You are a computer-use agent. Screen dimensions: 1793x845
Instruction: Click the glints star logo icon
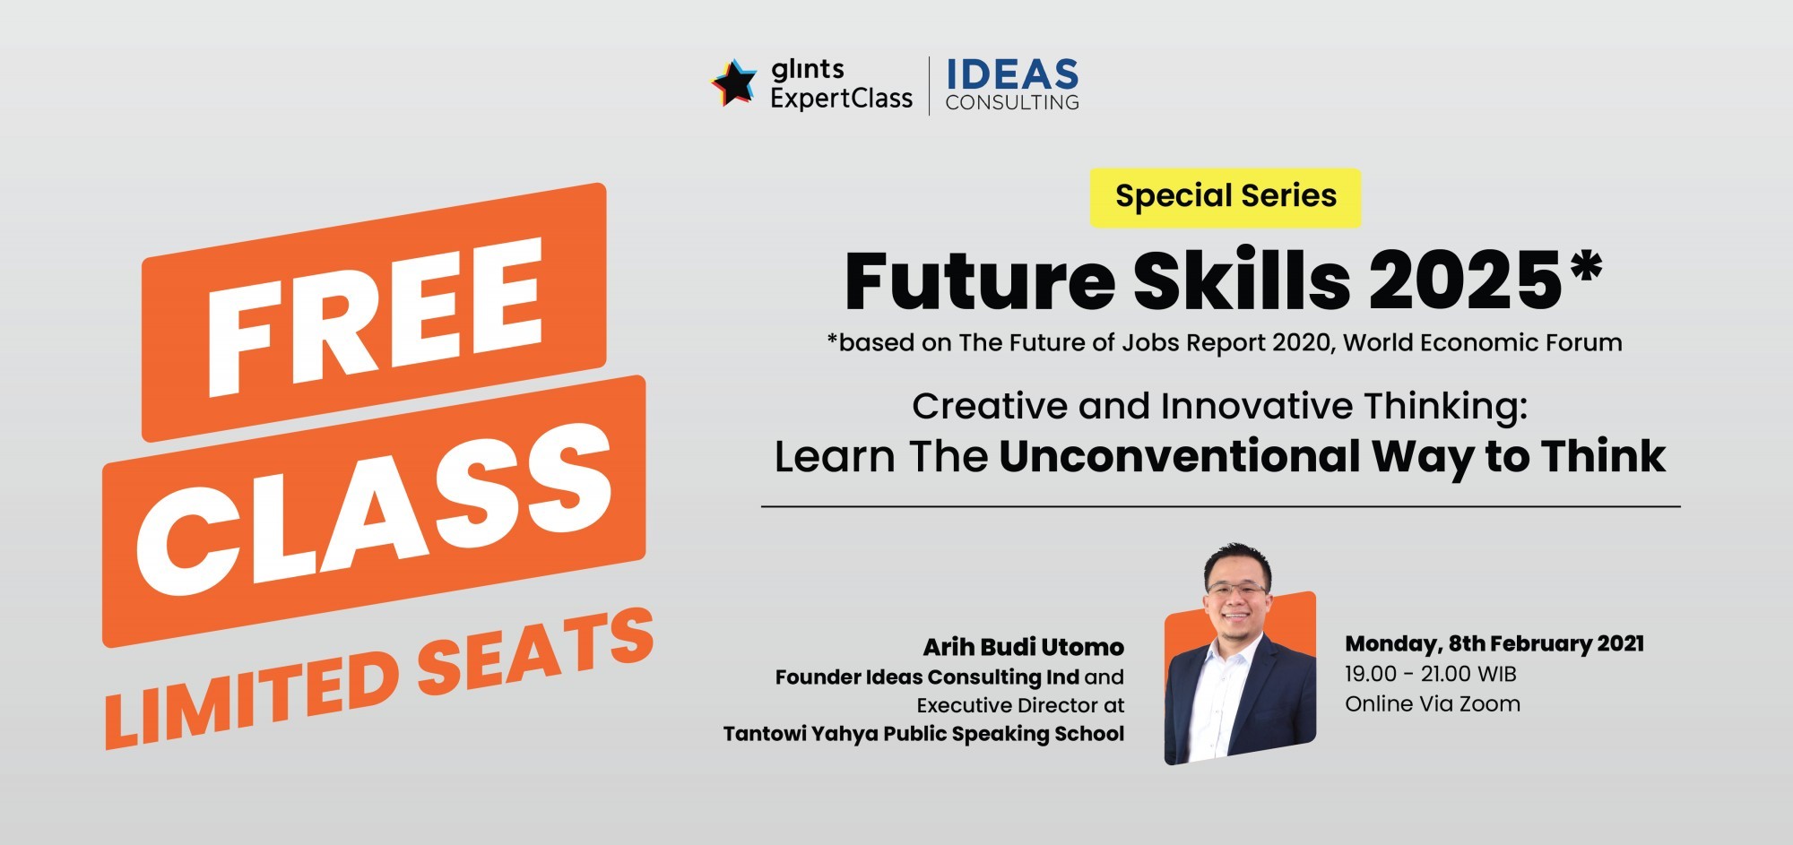point(734,82)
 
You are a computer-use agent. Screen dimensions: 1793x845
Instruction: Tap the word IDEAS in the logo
point(1012,73)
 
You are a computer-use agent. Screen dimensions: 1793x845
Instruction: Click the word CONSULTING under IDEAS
point(1012,103)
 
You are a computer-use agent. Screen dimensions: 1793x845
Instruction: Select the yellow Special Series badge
point(1226,197)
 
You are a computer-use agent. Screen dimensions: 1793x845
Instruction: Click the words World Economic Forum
point(1483,343)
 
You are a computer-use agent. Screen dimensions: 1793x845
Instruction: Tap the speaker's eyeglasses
point(1238,591)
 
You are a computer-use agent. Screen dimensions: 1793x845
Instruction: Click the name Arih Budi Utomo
point(1024,647)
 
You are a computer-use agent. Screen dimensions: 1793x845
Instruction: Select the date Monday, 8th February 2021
point(1494,644)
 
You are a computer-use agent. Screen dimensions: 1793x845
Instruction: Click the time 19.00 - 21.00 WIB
point(1431,674)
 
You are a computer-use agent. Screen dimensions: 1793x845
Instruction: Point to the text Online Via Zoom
point(1433,704)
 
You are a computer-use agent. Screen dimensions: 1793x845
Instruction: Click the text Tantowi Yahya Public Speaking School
point(923,735)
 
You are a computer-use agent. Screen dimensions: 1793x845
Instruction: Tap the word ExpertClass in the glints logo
point(841,99)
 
